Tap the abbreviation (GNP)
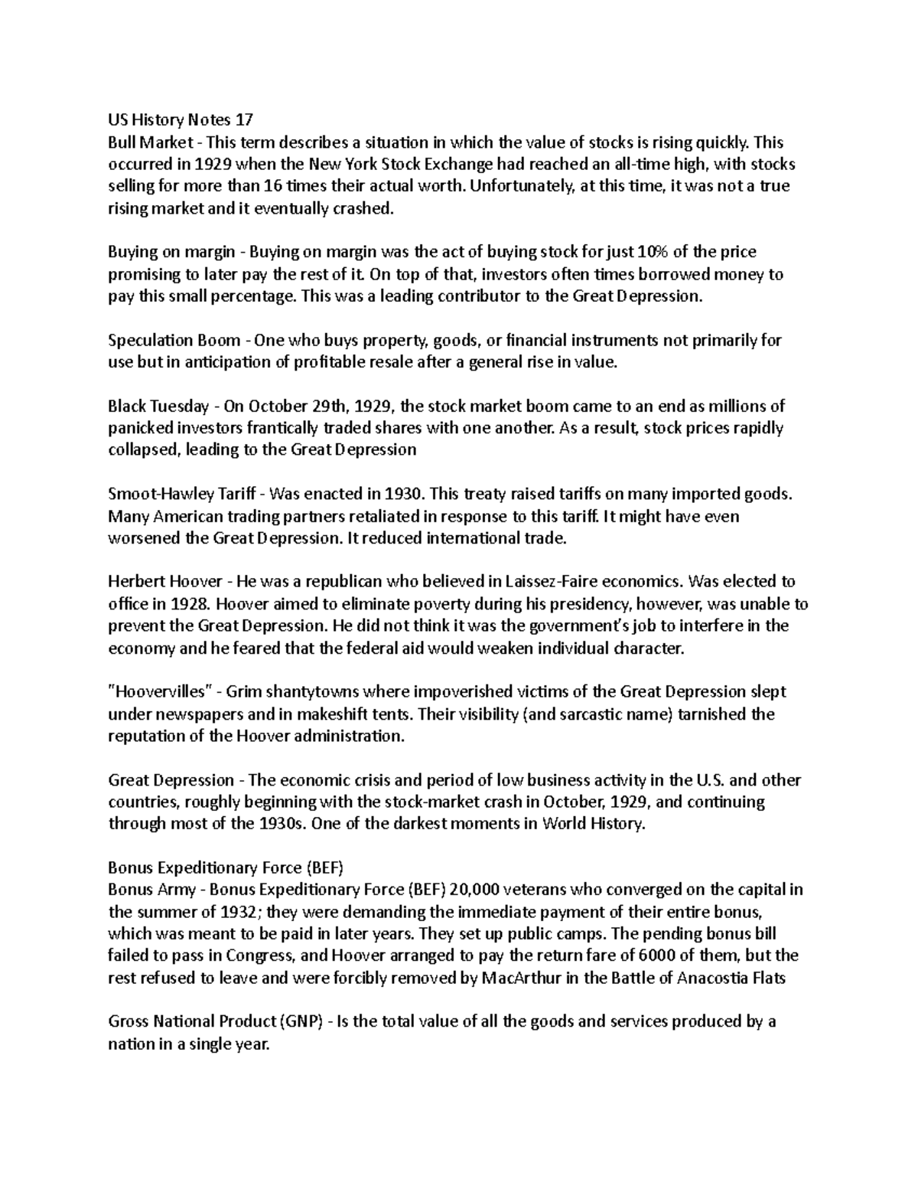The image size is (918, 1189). coord(301,1022)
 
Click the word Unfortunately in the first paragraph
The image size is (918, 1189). coord(522,186)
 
